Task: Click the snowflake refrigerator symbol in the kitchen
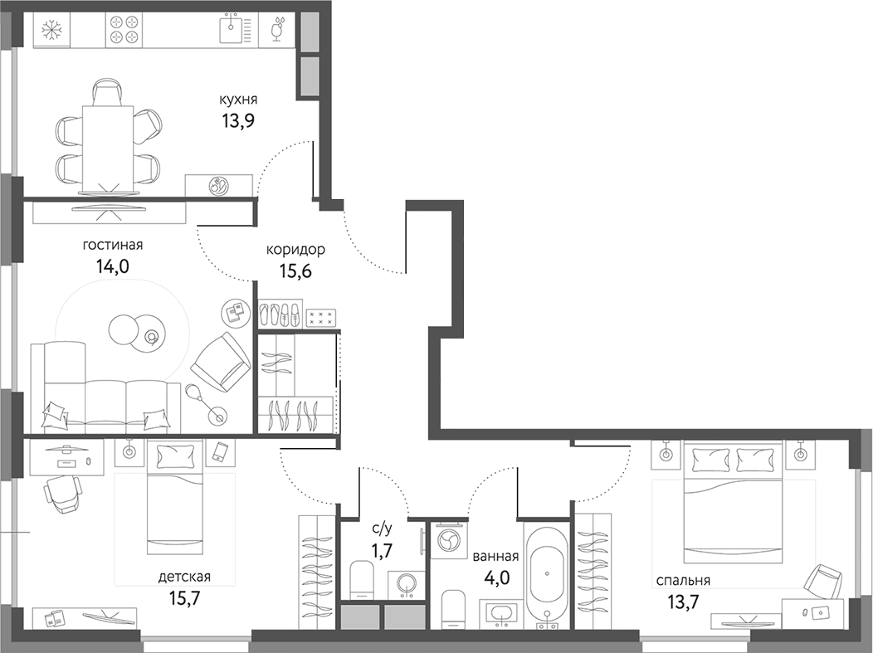pos(51,30)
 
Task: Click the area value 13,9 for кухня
pos(238,120)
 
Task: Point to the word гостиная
pos(113,245)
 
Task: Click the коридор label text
pos(295,250)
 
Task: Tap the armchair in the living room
pos(221,362)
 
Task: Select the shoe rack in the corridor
pos(280,314)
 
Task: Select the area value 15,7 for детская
pos(184,598)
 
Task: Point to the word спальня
pos(683,581)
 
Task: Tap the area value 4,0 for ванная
pos(497,577)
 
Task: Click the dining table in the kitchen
pos(108,148)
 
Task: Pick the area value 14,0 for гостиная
pos(113,267)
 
